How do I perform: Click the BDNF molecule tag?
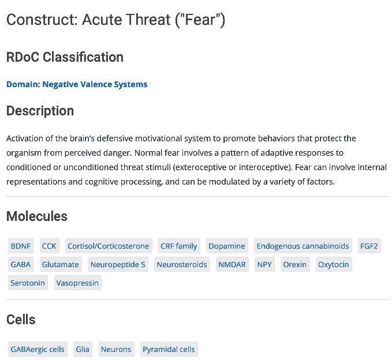(21, 246)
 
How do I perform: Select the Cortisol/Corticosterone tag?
(109, 246)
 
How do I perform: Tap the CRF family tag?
(179, 246)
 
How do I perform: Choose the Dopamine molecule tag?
(227, 246)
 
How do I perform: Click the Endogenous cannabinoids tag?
(303, 246)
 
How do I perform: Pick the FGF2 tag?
(369, 246)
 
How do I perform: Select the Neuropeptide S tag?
(118, 264)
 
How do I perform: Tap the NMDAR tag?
(232, 264)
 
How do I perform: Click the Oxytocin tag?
(334, 264)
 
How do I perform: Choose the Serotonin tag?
(28, 283)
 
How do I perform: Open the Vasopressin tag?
(78, 283)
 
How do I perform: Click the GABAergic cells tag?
(38, 349)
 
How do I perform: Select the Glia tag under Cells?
(83, 349)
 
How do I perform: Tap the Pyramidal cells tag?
(169, 349)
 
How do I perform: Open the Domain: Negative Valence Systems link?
(77, 84)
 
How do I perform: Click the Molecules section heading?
(37, 216)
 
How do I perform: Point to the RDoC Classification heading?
(65, 57)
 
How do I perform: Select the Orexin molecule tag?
(295, 264)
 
